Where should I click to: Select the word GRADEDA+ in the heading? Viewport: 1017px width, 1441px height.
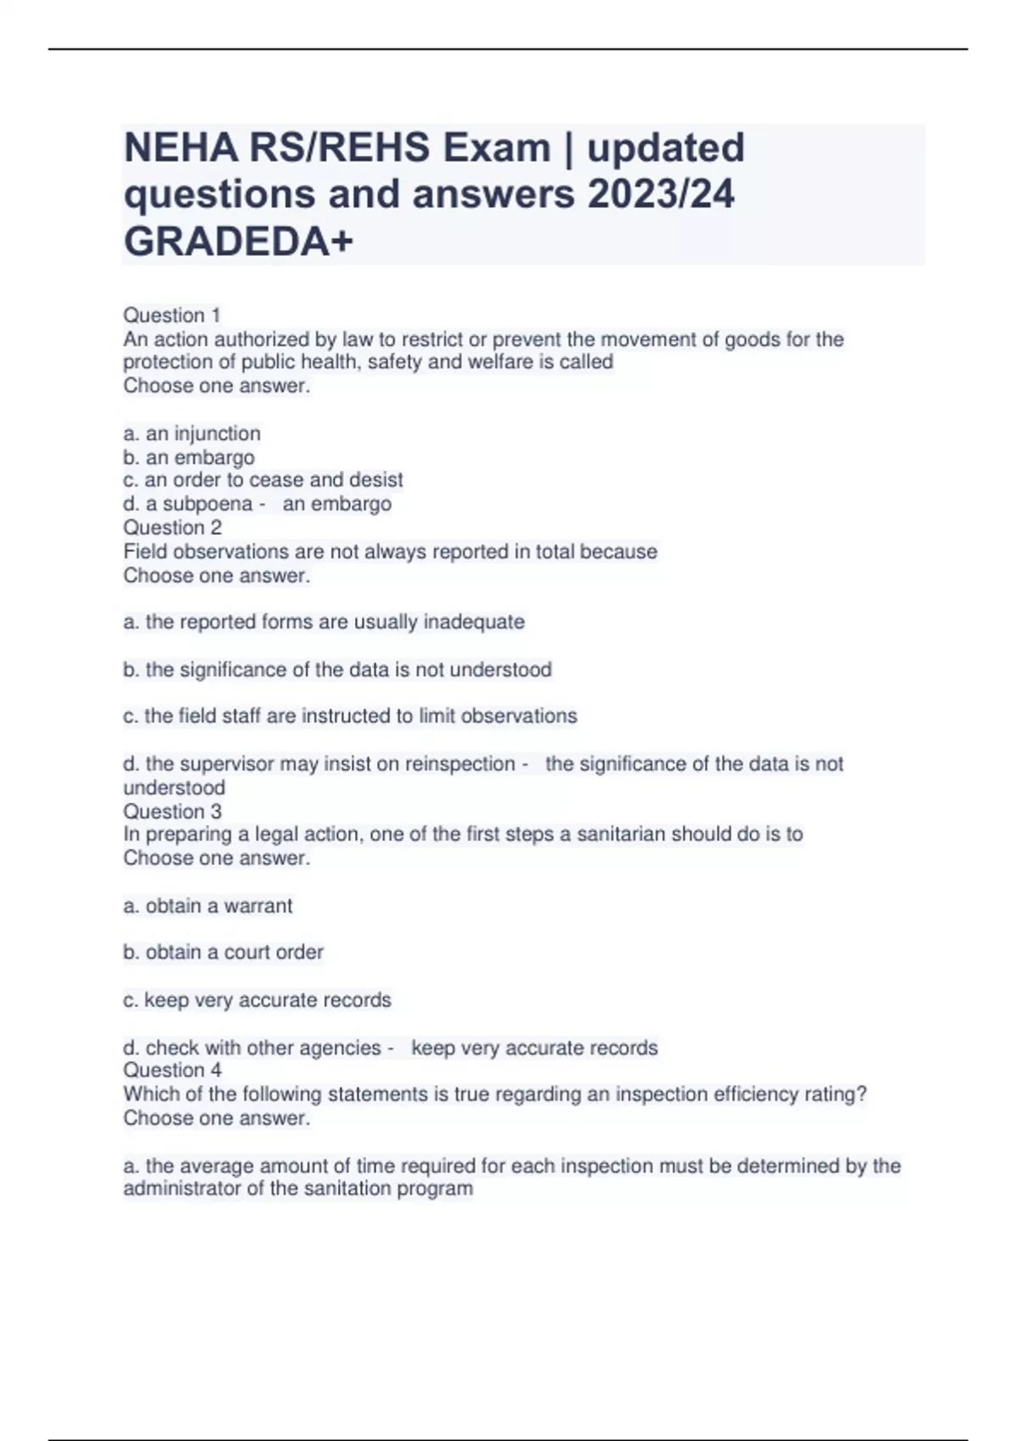pyautogui.click(x=238, y=242)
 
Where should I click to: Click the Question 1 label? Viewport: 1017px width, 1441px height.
pyautogui.click(x=172, y=315)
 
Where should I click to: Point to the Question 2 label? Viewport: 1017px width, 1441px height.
pyautogui.click(x=172, y=527)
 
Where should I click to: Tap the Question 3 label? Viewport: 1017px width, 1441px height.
pyautogui.click(x=172, y=811)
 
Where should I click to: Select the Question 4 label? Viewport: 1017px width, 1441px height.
pyautogui.click(x=172, y=1071)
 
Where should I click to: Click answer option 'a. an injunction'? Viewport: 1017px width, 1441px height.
pyautogui.click(x=192, y=434)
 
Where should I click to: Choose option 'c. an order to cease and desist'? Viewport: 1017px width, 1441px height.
pyautogui.click(x=263, y=480)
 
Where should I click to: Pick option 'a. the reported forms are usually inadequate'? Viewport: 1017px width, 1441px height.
pyautogui.click(x=324, y=622)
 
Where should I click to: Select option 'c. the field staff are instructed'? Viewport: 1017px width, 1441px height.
pyautogui.click(x=350, y=716)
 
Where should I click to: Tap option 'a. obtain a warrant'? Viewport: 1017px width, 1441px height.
pyautogui.click(x=208, y=906)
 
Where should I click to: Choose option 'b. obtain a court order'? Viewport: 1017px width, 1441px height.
pyautogui.click(x=223, y=953)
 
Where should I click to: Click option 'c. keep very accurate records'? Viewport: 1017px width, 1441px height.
pyautogui.click(x=257, y=1000)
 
